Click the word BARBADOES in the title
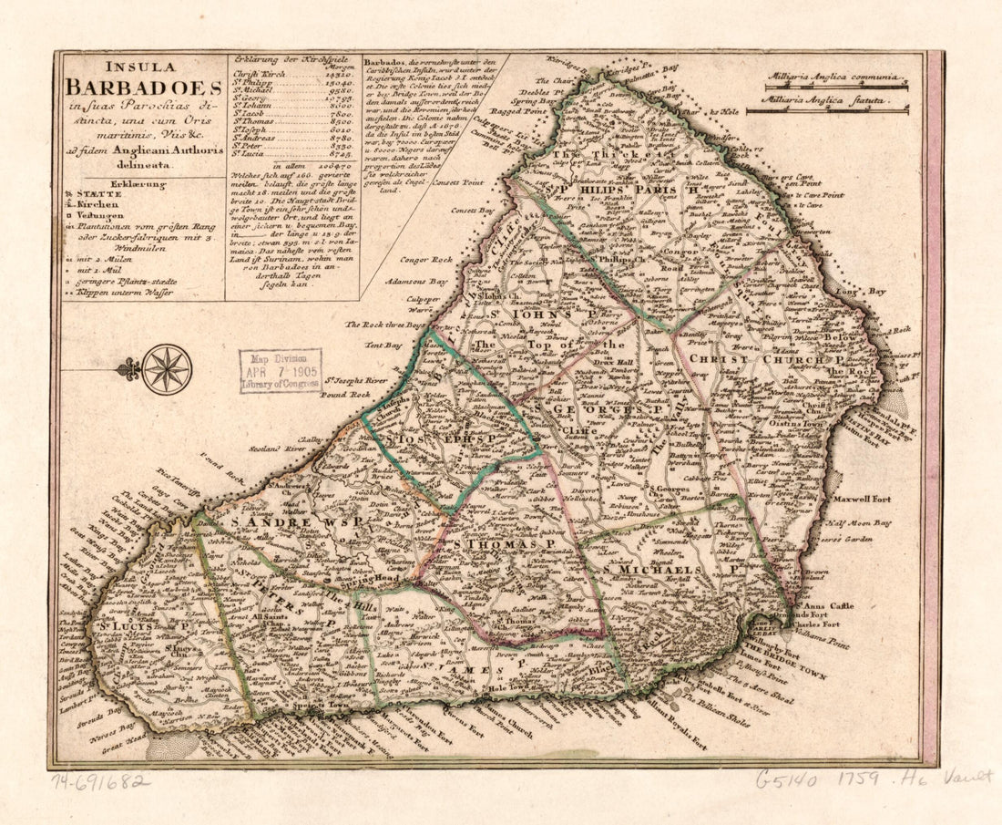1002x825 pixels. point(143,88)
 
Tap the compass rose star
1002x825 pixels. point(168,368)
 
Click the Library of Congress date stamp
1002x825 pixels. point(281,371)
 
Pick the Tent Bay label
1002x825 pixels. point(383,345)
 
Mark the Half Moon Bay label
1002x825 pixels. point(857,523)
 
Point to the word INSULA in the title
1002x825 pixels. point(143,67)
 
